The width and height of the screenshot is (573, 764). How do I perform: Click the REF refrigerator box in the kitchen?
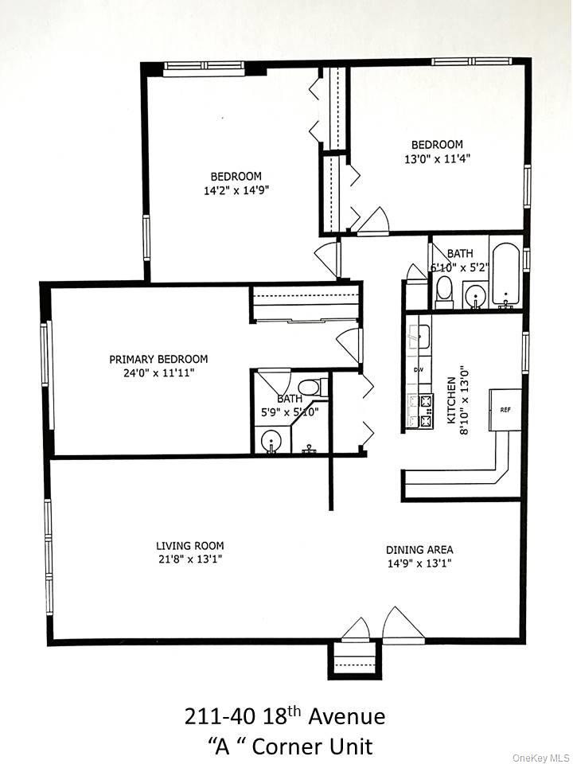(x=505, y=409)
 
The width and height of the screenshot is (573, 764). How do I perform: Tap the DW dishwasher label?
(x=418, y=370)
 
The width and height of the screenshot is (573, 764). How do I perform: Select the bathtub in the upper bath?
(x=505, y=275)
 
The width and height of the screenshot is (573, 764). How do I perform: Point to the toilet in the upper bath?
(x=445, y=291)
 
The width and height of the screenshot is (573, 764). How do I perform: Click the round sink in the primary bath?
(x=271, y=440)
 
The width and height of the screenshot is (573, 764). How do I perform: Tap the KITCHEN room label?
(x=451, y=395)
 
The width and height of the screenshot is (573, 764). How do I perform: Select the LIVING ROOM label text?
(x=189, y=546)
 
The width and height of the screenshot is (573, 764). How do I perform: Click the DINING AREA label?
(x=419, y=549)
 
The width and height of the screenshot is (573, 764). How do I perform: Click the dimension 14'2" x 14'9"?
(x=236, y=190)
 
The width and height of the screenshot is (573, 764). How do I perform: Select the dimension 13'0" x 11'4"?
(x=436, y=158)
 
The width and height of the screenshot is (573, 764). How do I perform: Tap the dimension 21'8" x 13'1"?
(x=189, y=560)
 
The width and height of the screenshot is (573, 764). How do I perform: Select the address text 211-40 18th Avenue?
(x=285, y=717)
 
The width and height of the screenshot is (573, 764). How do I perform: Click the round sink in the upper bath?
(x=475, y=296)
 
